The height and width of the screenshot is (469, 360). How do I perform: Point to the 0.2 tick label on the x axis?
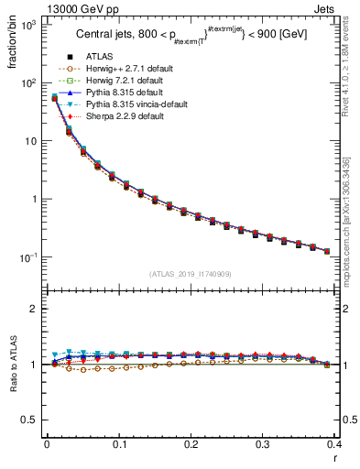pos(191,444)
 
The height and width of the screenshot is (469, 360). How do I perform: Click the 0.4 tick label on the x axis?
pos(333,444)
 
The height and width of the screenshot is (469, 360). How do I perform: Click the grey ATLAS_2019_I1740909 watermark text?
pos(190,274)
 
